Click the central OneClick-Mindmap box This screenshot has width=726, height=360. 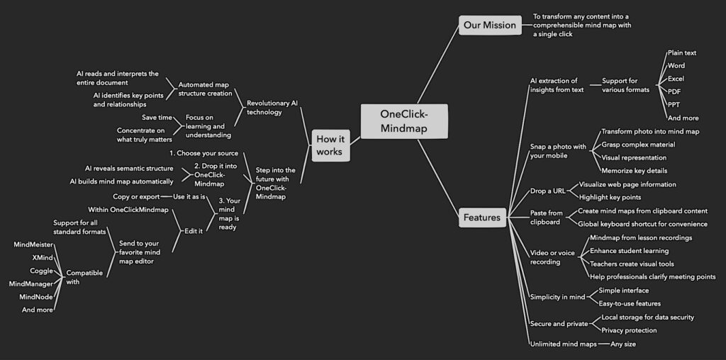point(403,121)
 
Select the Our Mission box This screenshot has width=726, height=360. point(489,26)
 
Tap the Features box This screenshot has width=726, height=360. point(482,218)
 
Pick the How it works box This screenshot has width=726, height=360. point(330,145)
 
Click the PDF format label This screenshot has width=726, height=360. point(675,91)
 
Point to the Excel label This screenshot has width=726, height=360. point(676,79)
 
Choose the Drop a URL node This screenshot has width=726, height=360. point(547,191)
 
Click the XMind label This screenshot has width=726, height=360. point(43,257)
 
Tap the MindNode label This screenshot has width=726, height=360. point(36,296)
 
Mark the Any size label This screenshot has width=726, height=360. point(623,344)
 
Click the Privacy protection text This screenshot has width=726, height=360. point(629,330)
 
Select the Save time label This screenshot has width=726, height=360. point(157,118)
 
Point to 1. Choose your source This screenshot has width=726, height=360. point(203,153)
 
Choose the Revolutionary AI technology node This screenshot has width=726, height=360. point(272,108)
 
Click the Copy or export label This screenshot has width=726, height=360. point(136,196)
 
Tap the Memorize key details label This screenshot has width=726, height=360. point(634,171)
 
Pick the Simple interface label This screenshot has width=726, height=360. point(623,291)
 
